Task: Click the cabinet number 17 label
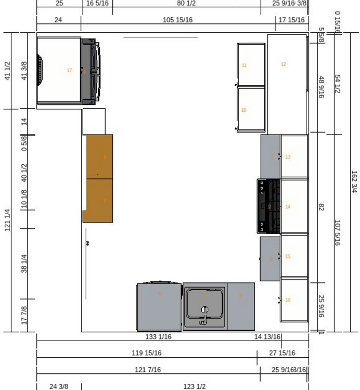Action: [69, 70]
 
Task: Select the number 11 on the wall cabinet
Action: [244, 66]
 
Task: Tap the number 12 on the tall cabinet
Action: [284, 64]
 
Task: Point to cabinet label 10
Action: [243, 110]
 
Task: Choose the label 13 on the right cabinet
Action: [288, 157]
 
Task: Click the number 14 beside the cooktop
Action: [288, 207]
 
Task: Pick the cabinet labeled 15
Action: [288, 257]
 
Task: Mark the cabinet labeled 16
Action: [288, 300]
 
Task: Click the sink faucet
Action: [204, 315]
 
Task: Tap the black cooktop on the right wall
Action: [268, 206]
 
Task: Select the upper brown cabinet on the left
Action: [98, 157]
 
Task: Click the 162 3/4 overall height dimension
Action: [354, 182]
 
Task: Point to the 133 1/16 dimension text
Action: [158, 337]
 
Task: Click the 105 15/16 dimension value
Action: [178, 20]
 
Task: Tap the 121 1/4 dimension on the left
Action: [7, 220]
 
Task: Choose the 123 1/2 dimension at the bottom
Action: [194, 386]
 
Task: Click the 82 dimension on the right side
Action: [321, 207]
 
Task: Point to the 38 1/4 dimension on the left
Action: [24, 264]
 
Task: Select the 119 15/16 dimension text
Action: [146, 353]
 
